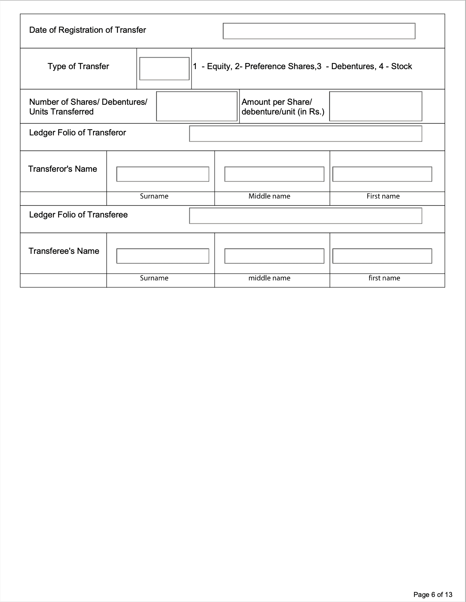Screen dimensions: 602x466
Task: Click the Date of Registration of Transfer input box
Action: coord(319,31)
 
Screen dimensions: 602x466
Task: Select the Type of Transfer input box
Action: coord(164,68)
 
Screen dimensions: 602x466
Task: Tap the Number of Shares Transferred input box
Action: coord(197,106)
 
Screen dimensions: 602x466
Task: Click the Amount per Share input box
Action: coord(375,106)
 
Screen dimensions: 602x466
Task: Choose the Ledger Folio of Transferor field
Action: coord(305,134)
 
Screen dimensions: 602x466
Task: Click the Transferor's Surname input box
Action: coord(163,174)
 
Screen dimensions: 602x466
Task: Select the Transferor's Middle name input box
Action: coord(274,174)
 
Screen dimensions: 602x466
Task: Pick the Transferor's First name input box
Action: coord(382,174)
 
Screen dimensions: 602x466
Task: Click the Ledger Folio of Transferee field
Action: coord(305,216)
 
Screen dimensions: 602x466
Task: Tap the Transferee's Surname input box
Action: coord(163,256)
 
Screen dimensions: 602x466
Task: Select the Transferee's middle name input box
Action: coord(274,256)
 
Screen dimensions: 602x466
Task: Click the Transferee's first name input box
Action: coord(382,256)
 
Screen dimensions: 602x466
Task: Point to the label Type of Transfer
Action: coord(78,66)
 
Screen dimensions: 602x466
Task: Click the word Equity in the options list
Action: coord(219,66)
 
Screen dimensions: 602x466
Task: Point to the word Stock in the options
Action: coord(401,66)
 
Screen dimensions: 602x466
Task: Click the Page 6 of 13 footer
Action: coord(432,594)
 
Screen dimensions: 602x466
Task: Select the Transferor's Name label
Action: coord(63,169)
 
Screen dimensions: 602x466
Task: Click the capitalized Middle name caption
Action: coord(269,196)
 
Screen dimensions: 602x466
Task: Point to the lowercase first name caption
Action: coord(384,278)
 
